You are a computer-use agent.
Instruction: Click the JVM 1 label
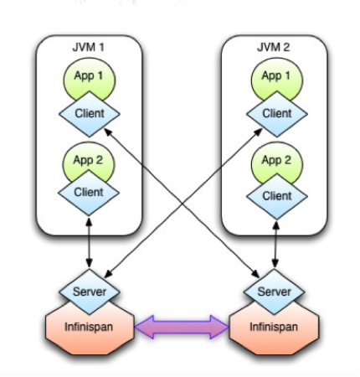tap(88, 47)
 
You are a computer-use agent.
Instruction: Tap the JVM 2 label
tap(274, 47)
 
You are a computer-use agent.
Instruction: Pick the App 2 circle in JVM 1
tap(89, 161)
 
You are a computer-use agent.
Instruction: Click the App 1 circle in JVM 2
tap(276, 76)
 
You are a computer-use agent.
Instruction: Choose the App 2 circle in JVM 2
tap(276, 162)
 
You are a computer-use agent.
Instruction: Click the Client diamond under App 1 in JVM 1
tap(90, 114)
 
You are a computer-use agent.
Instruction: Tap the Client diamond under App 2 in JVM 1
tap(89, 193)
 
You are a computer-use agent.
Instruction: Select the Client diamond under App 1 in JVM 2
tap(277, 114)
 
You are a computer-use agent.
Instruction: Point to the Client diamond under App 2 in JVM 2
tap(277, 196)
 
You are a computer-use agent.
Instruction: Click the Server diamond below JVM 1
tap(90, 292)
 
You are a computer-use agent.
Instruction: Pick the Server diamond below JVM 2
tap(274, 292)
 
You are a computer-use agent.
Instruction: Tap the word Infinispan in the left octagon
tap(89, 327)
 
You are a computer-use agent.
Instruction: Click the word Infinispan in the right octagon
tap(274, 327)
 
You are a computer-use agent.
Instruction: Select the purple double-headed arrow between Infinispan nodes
tap(182, 327)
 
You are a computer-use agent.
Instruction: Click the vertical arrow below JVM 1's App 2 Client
tap(89, 242)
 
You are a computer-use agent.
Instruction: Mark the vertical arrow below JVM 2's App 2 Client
tap(275, 245)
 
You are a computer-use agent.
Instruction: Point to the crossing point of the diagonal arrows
tap(183, 204)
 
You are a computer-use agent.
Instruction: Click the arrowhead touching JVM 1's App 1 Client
tap(108, 132)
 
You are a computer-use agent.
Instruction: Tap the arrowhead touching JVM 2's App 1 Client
tap(258, 132)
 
